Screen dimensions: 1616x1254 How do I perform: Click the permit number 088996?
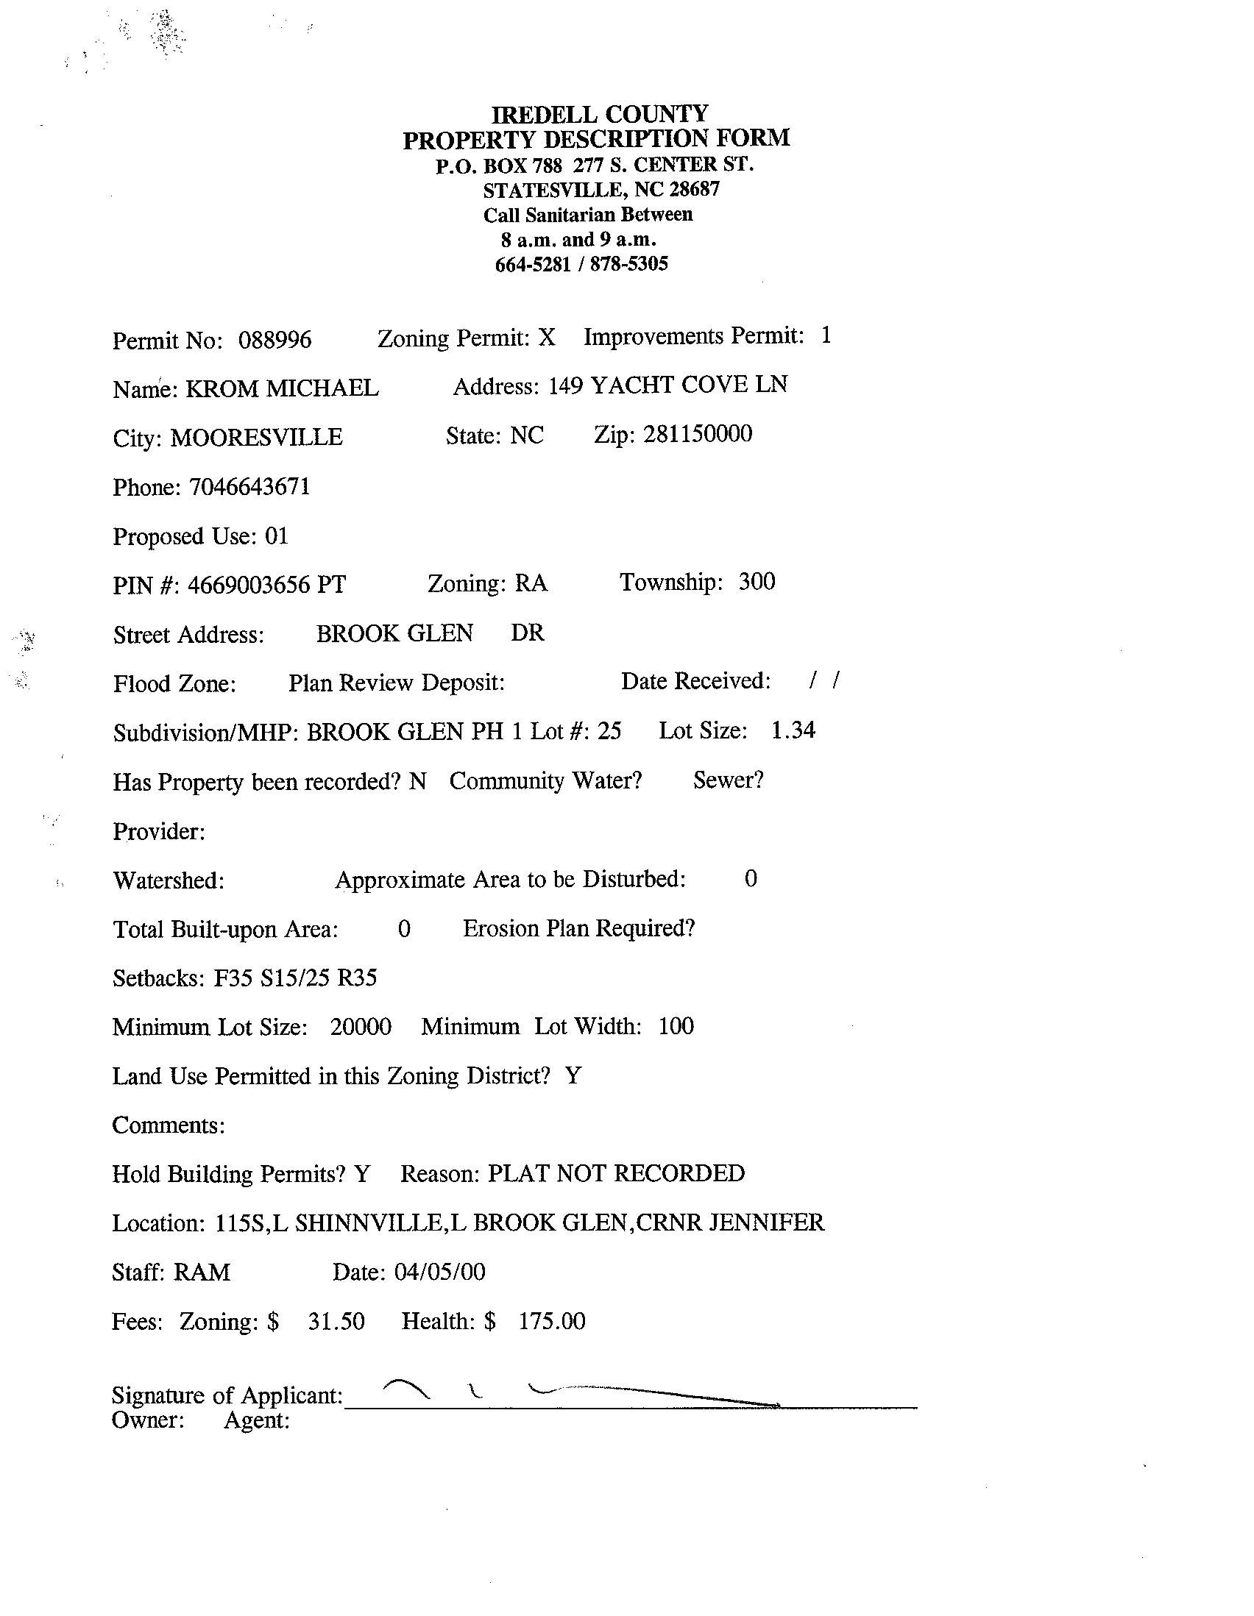click(274, 341)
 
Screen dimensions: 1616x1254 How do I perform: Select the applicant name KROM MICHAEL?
click(282, 388)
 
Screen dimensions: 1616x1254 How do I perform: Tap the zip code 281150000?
click(698, 433)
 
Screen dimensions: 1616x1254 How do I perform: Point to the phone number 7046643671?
click(249, 487)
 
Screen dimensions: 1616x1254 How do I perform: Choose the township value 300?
click(757, 582)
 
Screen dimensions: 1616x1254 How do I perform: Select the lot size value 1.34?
click(793, 730)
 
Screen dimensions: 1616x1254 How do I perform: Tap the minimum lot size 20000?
click(361, 1027)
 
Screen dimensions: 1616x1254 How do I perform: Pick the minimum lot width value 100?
click(676, 1026)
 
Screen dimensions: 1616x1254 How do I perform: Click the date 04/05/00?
click(440, 1272)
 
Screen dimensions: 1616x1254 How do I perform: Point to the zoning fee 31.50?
click(336, 1322)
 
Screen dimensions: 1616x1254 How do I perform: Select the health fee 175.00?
click(551, 1321)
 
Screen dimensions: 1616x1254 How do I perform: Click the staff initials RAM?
click(202, 1272)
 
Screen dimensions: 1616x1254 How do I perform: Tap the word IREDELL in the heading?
click(545, 115)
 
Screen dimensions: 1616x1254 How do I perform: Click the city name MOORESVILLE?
click(256, 438)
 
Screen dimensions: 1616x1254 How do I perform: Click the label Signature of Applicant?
click(227, 1395)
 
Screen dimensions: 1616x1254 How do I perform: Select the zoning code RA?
click(531, 584)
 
